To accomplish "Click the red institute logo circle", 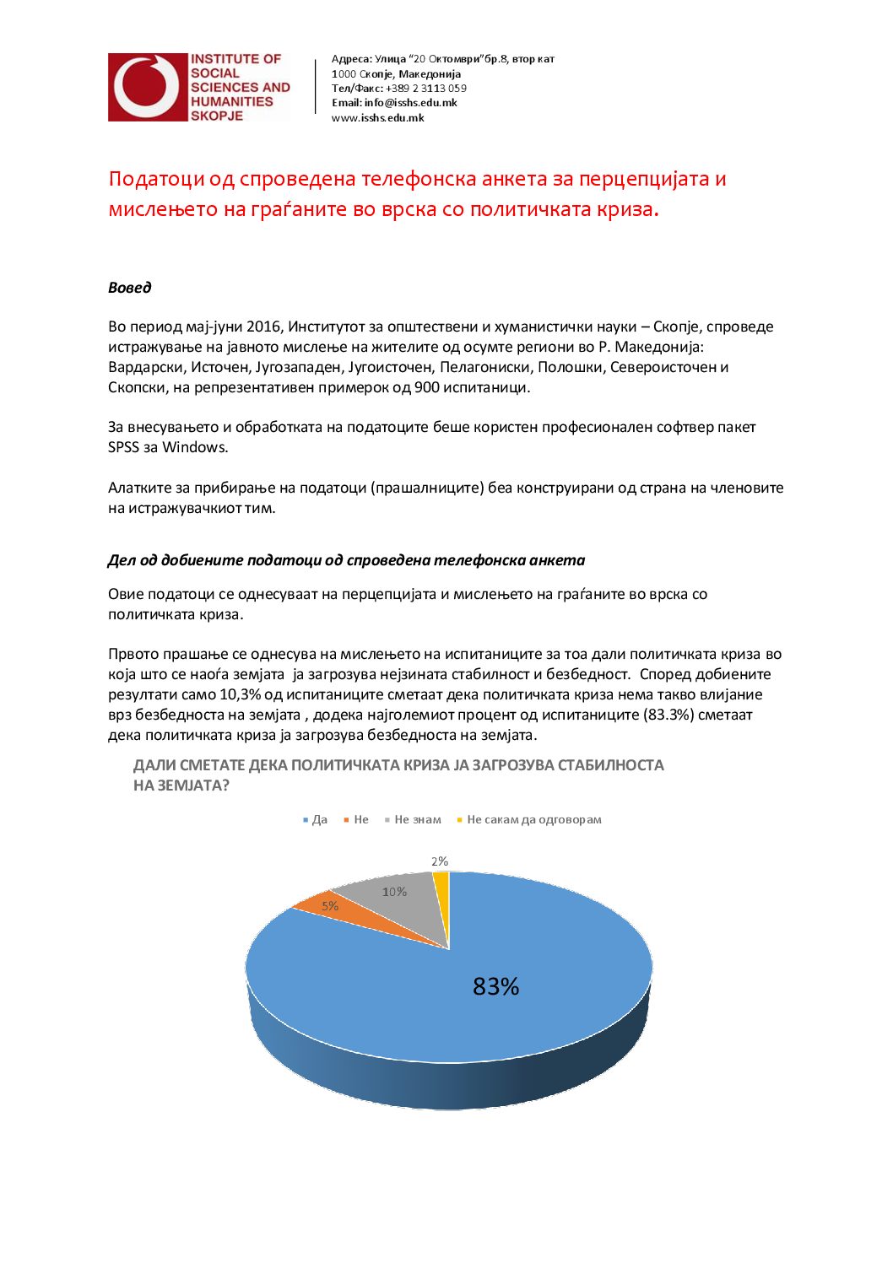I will coord(147,87).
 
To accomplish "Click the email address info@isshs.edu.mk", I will coord(410,103).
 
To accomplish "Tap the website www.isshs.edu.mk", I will coord(377,118).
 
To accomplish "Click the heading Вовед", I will coord(129,288).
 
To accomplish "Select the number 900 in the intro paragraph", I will coord(426,387).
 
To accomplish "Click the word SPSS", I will coord(123,447).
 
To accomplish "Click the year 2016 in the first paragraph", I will coord(265,327).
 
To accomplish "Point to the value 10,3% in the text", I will coord(241,694).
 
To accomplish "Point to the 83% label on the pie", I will coord(495,986).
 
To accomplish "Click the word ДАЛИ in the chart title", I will coord(154,765).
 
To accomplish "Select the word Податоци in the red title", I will coord(157,179).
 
